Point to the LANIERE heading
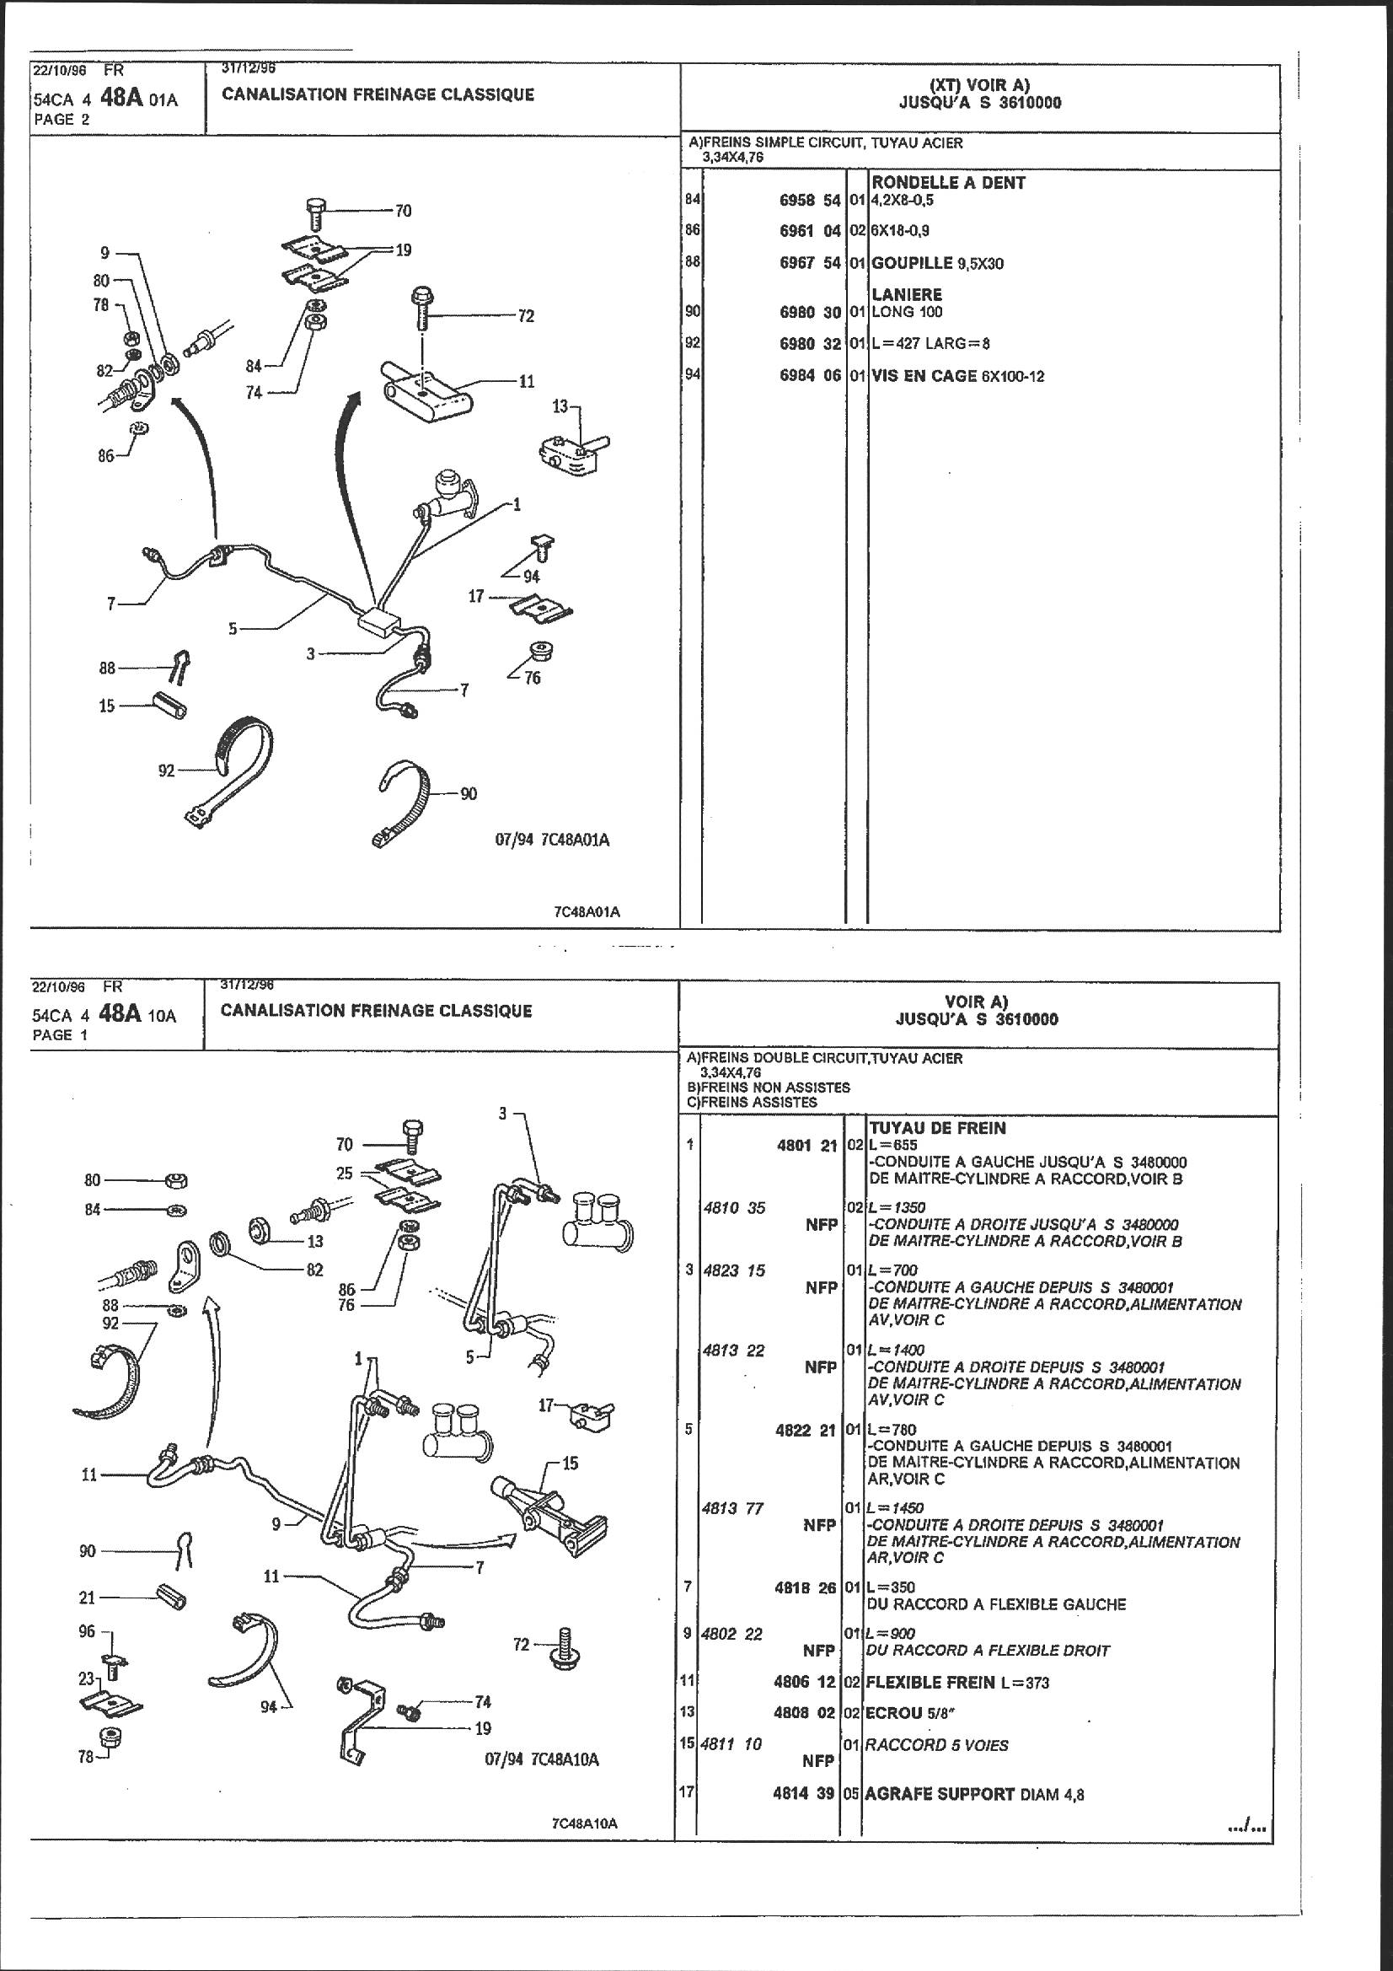[907, 294]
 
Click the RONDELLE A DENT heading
[947, 182]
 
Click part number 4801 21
[804, 1144]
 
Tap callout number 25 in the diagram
[344, 1173]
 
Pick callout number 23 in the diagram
[86, 1677]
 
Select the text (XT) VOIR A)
[979, 84]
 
